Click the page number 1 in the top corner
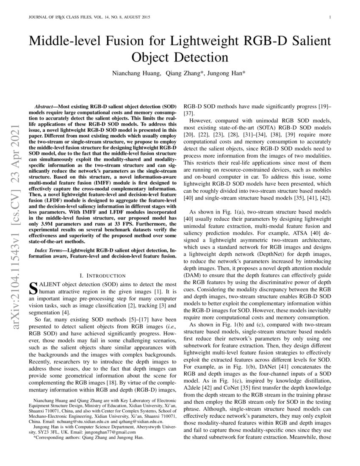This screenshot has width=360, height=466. [329, 17]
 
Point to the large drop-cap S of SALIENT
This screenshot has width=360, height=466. [33, 288]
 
